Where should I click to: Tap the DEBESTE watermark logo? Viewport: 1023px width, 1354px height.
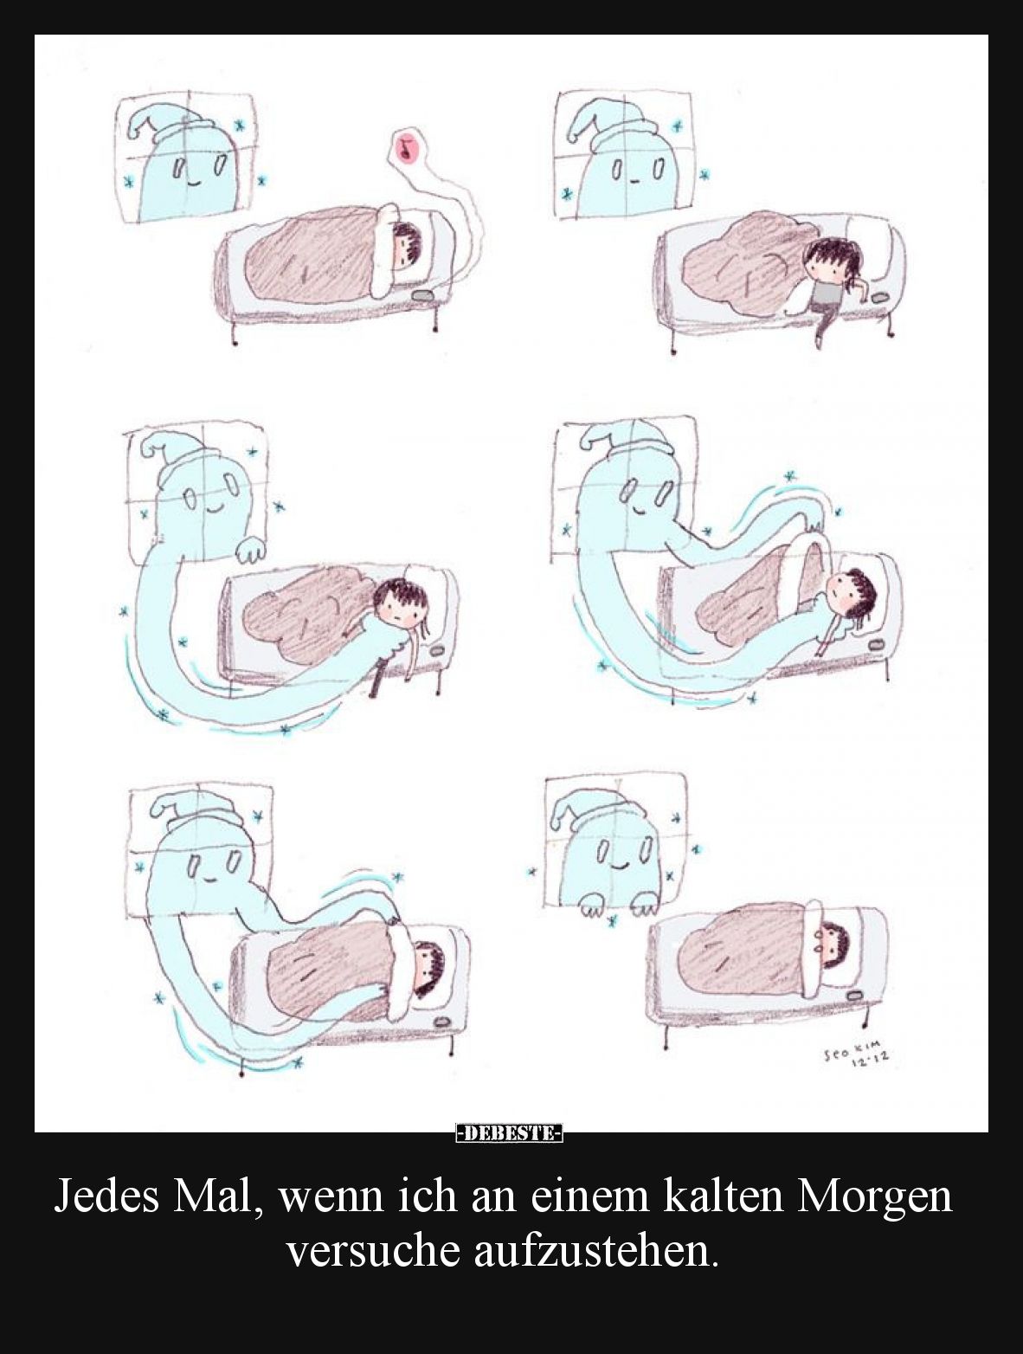click(x=510, y=1132)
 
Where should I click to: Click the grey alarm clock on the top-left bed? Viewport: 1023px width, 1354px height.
click(x=424, y=296)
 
